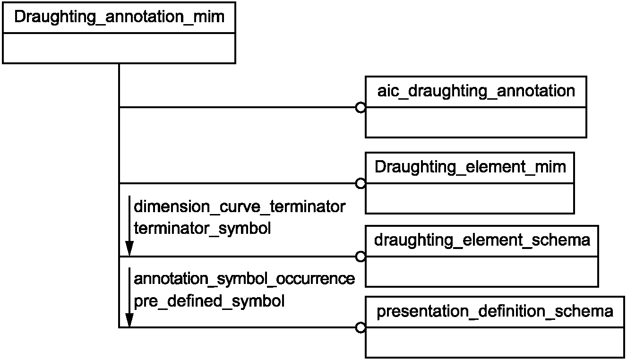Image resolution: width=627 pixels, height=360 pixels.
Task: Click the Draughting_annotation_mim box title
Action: [119, 17]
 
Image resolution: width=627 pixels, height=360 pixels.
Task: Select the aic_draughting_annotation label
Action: [476, 92]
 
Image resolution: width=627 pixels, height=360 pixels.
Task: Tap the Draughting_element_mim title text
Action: [470, 168]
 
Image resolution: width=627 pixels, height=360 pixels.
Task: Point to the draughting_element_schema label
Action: [482, 240]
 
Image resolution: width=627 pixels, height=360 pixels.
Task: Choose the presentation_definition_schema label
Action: [495, 312]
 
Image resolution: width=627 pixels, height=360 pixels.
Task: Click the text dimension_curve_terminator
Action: [240, 207]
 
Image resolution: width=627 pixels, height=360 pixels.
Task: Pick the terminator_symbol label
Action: [202, 229]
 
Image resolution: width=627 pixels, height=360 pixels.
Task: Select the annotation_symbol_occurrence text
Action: [244, 279]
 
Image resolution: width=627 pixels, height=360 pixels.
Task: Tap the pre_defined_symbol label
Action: [209, 301]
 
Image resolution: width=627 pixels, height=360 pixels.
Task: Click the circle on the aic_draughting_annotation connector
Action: [361, 108]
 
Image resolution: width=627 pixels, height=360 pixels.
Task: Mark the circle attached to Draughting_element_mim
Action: [361, 184]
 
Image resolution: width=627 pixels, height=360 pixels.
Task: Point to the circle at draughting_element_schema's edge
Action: [361, 257]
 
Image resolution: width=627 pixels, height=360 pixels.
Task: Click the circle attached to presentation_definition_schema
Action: [361, 327]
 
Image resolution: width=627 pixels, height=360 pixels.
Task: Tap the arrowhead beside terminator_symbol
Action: [129, 248]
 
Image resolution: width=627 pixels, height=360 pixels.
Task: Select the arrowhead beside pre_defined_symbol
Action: [129, 320]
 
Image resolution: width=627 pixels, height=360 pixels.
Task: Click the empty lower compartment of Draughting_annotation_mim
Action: [119, 48]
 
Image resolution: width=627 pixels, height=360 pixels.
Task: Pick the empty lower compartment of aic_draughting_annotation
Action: [476, 122]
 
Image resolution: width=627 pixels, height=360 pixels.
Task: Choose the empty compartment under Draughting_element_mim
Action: [470, 198]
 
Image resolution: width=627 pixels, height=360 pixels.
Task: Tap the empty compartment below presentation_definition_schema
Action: [495, 343]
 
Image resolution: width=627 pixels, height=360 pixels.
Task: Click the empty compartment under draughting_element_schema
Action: [482, 271]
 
